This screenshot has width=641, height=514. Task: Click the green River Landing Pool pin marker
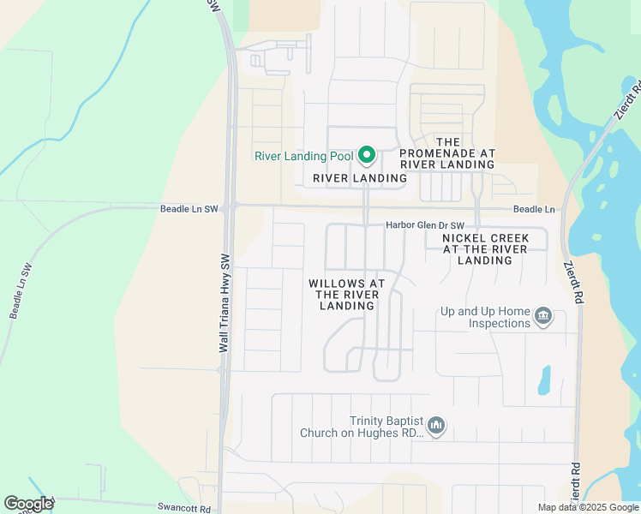[x=367, y=155]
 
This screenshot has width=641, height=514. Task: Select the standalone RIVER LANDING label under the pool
[x=359, y=178]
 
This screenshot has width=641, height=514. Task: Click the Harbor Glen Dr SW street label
[x=417, y=224]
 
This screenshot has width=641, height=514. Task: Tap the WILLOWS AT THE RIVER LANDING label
[x=347, y=294]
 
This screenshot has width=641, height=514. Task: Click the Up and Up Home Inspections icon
[x=542, y=317]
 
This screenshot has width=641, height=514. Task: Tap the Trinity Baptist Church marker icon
[x=436, y=426]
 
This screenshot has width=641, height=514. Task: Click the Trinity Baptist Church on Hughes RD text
[x=362, y=427]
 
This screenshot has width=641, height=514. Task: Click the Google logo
[x=28, y=504]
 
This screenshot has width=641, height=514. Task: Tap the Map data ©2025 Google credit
[x=587, y=507]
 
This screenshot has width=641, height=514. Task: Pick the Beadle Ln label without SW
[x=534, y=209]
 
